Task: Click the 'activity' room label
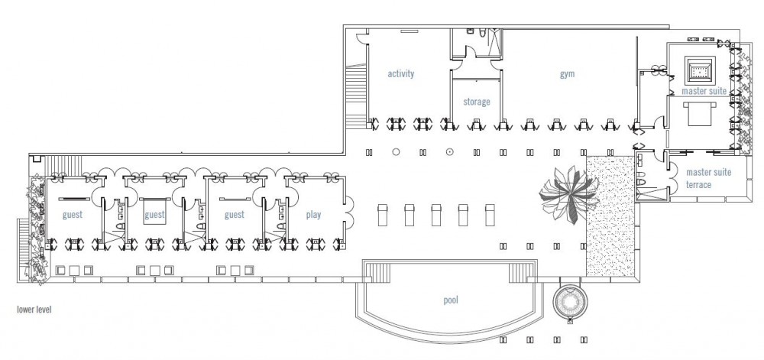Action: pos(400,73)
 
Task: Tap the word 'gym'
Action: pos(567,74)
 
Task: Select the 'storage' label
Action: pos(477,102)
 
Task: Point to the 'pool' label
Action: pos(451,300)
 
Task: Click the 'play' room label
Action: pos(313,215)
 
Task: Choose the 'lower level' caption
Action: pos(34,310)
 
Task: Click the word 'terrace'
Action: pos(699,185)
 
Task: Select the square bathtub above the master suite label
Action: pos(700,70)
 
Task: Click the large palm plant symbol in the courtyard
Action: pos(568,194)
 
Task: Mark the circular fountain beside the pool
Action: pos(570,303)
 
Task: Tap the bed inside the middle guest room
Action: pos(154,211)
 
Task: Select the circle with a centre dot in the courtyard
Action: pos(450,152)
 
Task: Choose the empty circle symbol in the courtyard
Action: pos(396,152)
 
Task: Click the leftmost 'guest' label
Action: pos(72,215)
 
